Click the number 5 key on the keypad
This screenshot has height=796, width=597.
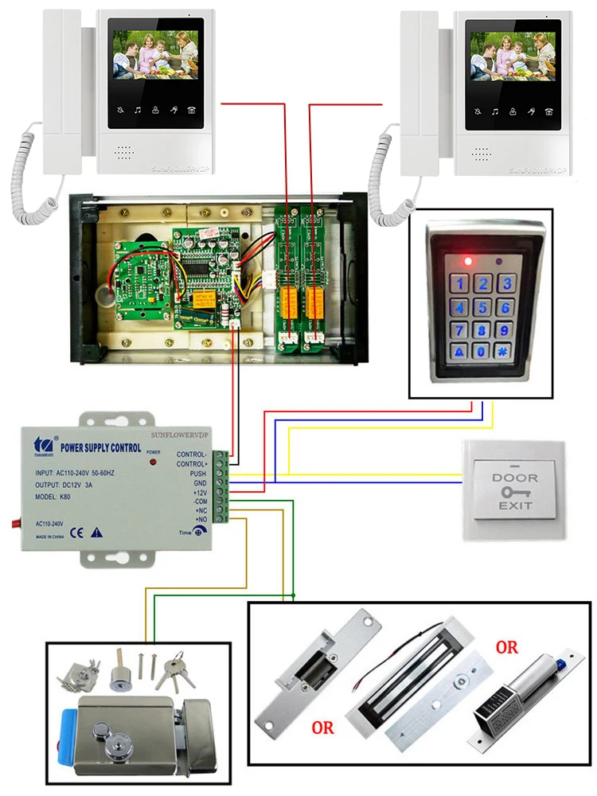point(482,306)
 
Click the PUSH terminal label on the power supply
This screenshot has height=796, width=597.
point(197,473)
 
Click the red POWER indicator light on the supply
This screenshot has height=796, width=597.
point(150,462)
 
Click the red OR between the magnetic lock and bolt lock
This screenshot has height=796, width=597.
point(506,646)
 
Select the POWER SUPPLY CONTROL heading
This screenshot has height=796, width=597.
point(99,447)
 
